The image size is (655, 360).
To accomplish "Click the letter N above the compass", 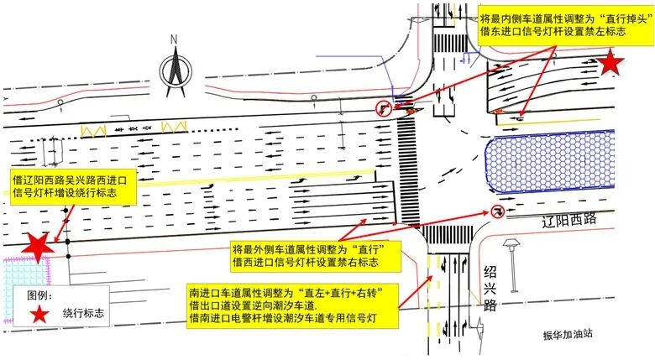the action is point(174,39).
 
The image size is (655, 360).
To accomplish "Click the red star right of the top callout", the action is point(612,62).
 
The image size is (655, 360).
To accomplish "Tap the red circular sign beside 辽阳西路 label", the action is point(496,212).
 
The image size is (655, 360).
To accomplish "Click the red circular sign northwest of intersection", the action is point(382,107).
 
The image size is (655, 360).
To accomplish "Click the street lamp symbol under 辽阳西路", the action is point(510,251).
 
